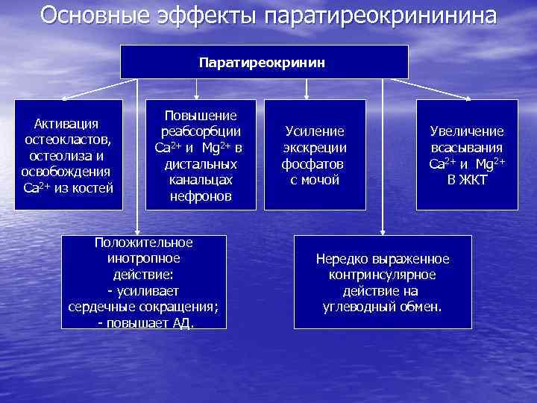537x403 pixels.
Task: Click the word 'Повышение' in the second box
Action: [x=201, y=115]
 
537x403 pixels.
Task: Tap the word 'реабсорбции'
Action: [x=201, y=131]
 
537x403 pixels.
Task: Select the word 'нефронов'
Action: [x=201, y=196]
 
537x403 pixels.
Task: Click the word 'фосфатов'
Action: [x=313, y=163]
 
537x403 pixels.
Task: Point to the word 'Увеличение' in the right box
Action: [x=467, y=131]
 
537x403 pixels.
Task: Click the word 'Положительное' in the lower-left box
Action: [x=144, y=243]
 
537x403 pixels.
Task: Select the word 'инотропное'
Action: [x=144, y=258]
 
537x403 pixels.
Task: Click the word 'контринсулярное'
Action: [x=383, y=275]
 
